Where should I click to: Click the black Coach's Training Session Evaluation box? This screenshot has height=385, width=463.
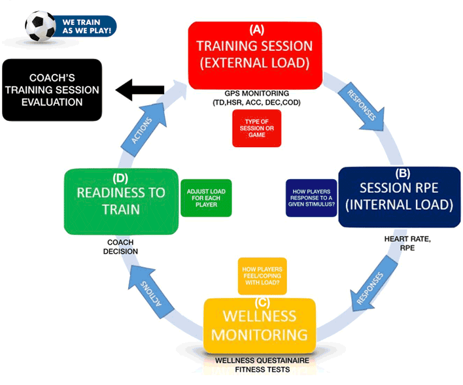click(x=52, y=90)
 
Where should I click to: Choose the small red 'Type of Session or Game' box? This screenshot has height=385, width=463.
click(x=256, y=128)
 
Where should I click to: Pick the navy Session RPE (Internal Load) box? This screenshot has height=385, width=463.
click(x=398, y=197)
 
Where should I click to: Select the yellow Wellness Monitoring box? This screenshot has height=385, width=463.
click(x=260, y=326)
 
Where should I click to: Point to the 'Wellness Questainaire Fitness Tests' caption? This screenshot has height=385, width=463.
click(x=260, y=365)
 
